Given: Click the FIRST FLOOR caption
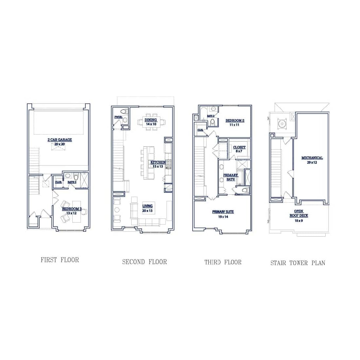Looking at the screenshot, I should (60, 260).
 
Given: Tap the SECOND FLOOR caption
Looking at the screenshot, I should (144, 262).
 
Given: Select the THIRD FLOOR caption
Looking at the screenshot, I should (223, 262).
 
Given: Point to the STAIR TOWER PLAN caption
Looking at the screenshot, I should (298, 263).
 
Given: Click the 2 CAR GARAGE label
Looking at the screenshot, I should (60, 140).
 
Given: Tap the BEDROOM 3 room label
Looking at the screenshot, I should (71, 209).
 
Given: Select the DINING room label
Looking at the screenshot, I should (151, 120).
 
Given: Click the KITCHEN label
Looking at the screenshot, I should (158, 162).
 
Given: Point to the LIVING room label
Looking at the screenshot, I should (148, 206).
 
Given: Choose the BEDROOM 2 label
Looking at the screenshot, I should (235, 120).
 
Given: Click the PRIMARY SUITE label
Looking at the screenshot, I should (223, 212).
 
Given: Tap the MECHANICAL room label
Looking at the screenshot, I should (312, 158).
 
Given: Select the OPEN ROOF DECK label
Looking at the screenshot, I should (298, 213).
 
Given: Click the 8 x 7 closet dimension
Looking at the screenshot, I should (239, 151).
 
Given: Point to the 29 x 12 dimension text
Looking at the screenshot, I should (312, 162).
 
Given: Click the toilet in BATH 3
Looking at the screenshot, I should (76, 177).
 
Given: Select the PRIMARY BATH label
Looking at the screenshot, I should (231, 177).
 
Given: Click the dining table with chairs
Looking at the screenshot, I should (151, 122).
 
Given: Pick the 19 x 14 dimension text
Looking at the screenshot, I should (223, 217).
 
